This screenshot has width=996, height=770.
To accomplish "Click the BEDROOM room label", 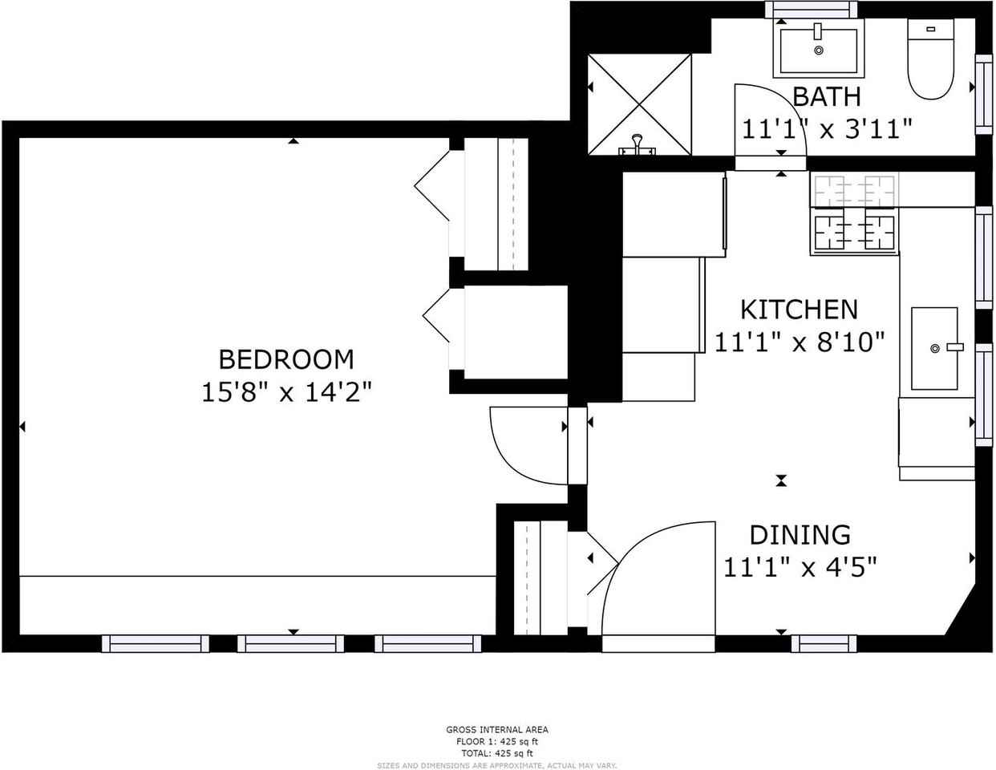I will pos(286,359).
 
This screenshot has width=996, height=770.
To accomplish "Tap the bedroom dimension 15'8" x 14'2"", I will pos(286,392).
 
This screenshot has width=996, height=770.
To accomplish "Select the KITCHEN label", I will pos(799,310).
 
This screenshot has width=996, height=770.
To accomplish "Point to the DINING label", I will pos(800,534).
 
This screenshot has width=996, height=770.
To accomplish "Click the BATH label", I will pos(826,97).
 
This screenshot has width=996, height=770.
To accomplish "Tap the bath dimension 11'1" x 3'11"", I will pos(826,128).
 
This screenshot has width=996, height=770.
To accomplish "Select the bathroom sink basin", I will pos(818,50).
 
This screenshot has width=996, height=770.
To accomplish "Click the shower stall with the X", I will pos(639,103).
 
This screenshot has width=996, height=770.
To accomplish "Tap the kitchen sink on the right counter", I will pos(934,348).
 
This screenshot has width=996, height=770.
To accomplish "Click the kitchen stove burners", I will pos(854,213).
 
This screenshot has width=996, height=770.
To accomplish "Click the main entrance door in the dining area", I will pos(658,577).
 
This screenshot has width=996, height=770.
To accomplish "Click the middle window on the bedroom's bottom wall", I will pos(290,643).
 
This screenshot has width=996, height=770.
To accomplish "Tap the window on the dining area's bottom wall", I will pos(824,643).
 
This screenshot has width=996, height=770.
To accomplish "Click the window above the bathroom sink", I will pos(811,10).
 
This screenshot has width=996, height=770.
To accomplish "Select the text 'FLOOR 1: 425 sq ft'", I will pos(497,742).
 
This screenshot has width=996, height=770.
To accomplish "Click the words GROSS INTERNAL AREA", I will pos(497,730).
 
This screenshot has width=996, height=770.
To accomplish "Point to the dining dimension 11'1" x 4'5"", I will pos(800,568).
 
